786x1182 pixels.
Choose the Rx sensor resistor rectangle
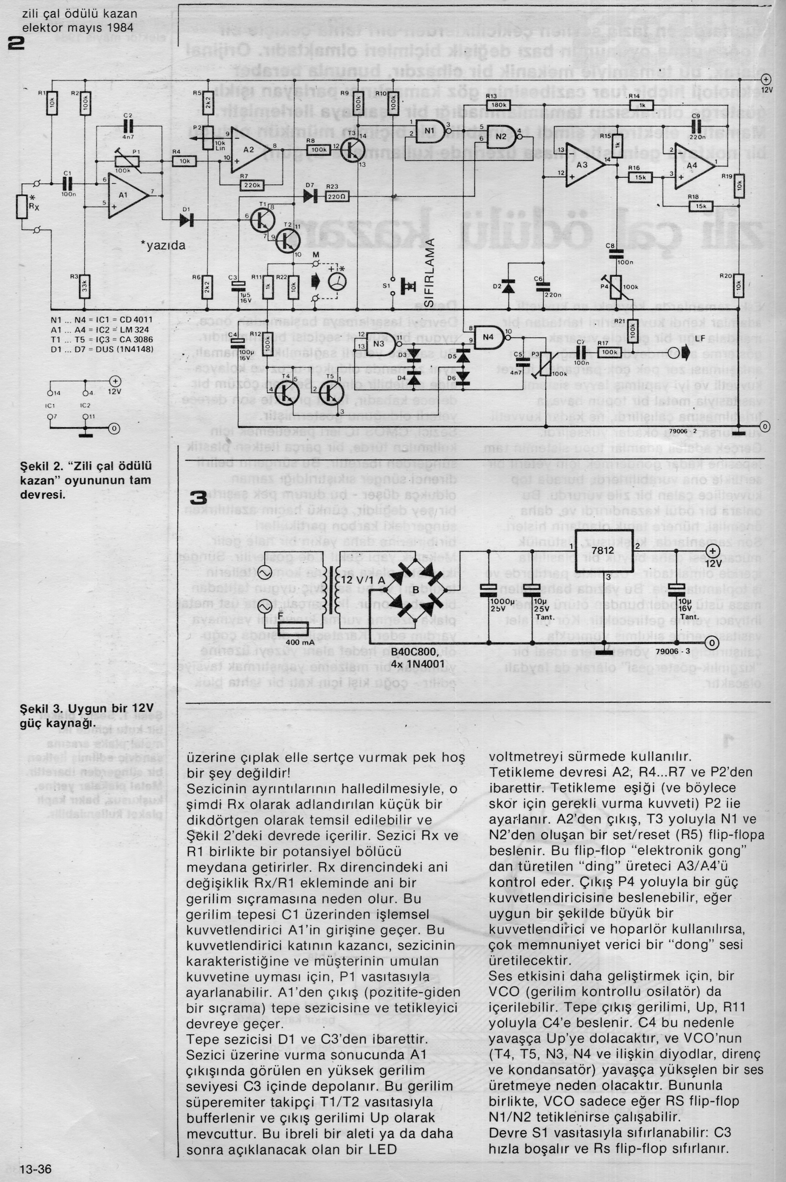[21, 206]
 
